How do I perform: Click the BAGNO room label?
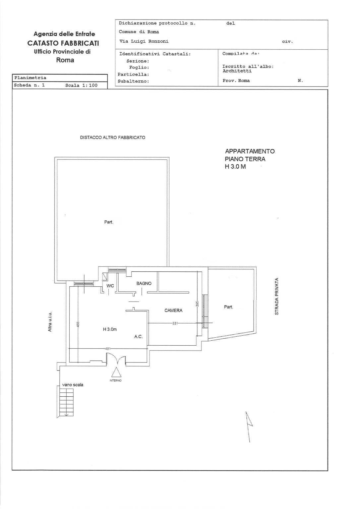click(x=144, y=283)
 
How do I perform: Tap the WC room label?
click(x=110, y=286)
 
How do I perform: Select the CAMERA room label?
click(x=173, y=311)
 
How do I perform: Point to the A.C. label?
click(x=138, y=337)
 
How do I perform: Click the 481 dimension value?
click(x=107, y=349)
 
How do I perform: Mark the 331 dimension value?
click(x=175, y=323)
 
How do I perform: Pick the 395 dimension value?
click(x=197, y=304)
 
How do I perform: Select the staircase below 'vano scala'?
click(x=66, y=402)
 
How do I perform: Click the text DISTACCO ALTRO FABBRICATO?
click(x=112, y=137)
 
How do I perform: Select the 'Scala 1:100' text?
click(x=81, y=85)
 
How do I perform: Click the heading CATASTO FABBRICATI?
click(x=63, y=43)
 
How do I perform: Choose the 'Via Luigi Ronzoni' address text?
click(x=144, y=41)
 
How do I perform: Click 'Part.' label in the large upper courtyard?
click(x=109, y=222)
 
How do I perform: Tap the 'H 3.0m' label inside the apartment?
click(x=110, y=329)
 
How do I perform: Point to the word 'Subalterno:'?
click(x=133, y=81)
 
